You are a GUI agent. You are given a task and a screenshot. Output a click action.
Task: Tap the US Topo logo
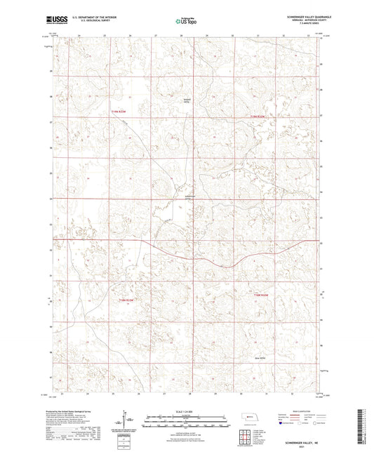click(x=186, y=22)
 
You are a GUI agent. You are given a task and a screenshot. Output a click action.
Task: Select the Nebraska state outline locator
click(x=249, y=418)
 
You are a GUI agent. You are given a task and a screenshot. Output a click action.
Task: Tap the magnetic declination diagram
click(x=128, y=421)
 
